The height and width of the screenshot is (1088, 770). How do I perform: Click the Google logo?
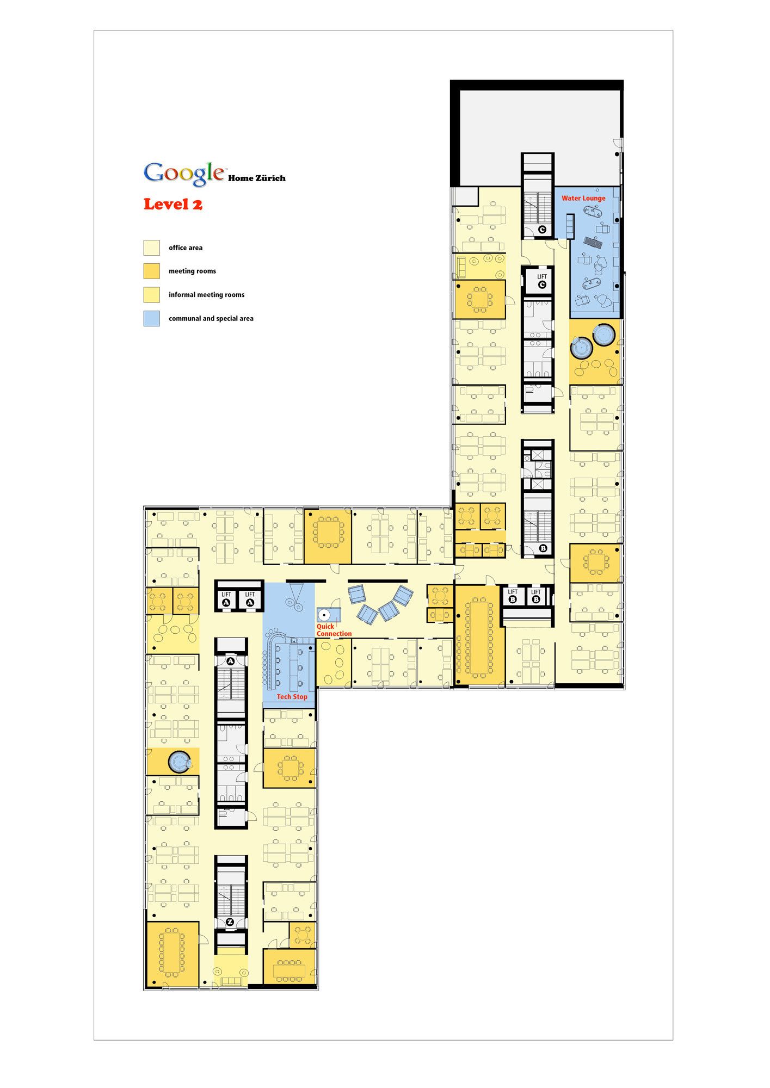click(x=184, y=173)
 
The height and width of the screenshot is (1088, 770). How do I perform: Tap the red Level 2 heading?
click(x=173, y=205)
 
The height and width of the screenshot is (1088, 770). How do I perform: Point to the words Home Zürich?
click(x=256, y=178)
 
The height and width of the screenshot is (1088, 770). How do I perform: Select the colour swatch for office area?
click(x=151, y=248)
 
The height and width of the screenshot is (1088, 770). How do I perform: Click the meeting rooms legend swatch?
click(x=151, y=271)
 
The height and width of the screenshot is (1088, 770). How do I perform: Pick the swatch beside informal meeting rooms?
click(x=151, y=295)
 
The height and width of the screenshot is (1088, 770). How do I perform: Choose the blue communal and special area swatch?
click(x=151, y=318)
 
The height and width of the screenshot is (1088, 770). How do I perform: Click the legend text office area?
click(x=186, y=248)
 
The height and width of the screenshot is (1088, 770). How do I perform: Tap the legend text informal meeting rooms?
click(x=206, y=295)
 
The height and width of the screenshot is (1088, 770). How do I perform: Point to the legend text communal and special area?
click(x=211, y=319)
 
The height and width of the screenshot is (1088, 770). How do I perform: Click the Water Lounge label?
click(x=583, y=199)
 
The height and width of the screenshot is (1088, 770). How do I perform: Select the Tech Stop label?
click(x=292, y=697)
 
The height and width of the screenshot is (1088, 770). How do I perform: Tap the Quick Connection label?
click(x=334, y=630)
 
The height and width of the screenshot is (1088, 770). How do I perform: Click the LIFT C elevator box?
click(x=538, y=281)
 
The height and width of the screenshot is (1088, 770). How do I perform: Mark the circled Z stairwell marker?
click(x=230, y=922)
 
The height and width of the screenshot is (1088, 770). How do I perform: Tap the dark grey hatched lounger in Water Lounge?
click(x=593, y=243)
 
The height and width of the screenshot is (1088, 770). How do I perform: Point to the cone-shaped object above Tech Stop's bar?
click(x=297, y=591)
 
